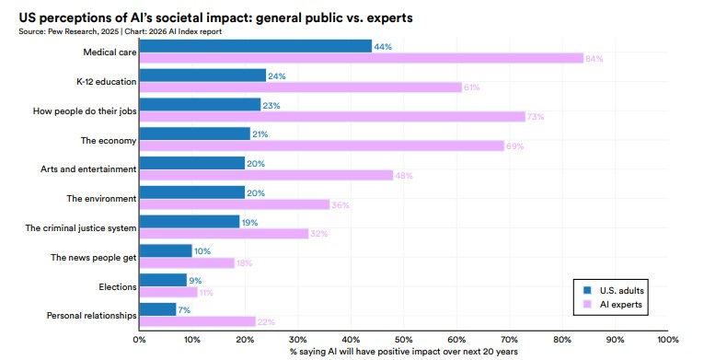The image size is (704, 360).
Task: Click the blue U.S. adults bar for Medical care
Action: click(255, 46)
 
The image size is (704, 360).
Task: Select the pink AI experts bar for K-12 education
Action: click(300, 87)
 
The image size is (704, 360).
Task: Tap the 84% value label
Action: click(594, 59)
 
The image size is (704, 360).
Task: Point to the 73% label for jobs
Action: click(536, 117)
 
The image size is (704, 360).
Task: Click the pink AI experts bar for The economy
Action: click(321, 145)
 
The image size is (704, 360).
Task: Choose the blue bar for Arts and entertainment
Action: click(191, 163)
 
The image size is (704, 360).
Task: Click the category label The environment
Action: click(102, 198)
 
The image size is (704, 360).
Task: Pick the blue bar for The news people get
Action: click(166, 250)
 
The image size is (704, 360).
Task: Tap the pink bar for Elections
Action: click(167, 292)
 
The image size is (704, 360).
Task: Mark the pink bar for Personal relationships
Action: click(197, 321)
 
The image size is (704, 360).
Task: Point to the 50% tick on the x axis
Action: click(403, 339)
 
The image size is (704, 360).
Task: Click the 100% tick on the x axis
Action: click(667, 339)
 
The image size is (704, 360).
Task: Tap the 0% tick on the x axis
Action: click(140, 339)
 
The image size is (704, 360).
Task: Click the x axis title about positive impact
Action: click(403, 351)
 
